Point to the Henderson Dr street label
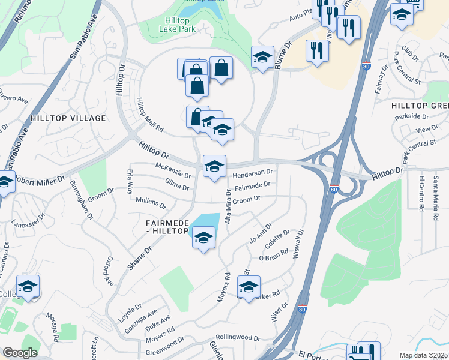(253, 173)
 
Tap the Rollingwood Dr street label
(238, 338)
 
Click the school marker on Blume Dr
(262, 58)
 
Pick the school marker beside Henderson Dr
(214, 166)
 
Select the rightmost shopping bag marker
(221, 69)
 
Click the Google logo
(20, 353)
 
